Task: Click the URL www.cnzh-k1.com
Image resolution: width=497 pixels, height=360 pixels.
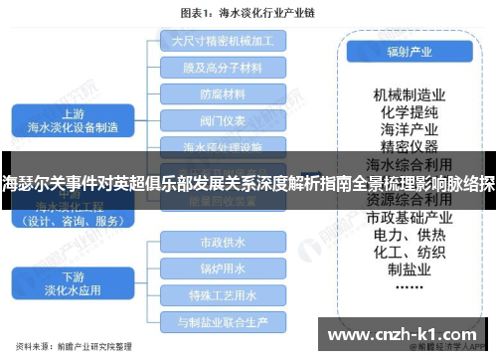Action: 402,332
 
